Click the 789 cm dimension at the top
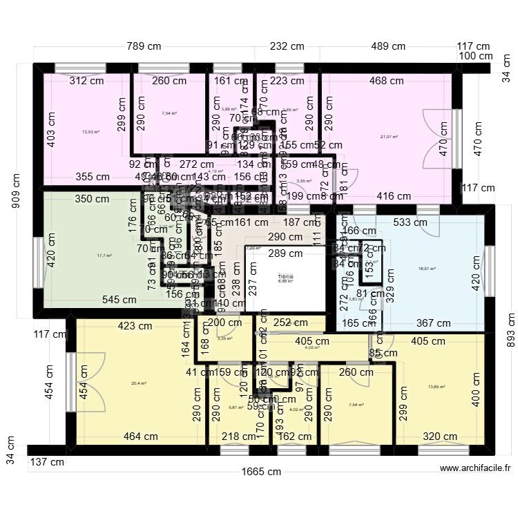click(144, 47)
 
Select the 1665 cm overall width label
click(266, 472)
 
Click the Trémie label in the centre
click(285, 276)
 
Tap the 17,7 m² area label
click(104, 256)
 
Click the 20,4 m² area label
click(140, 382)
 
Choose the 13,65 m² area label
click(435, 387)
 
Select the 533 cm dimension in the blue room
click(410, 222)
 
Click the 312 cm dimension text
click(86, 81)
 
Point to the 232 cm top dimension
click(287, 47)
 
